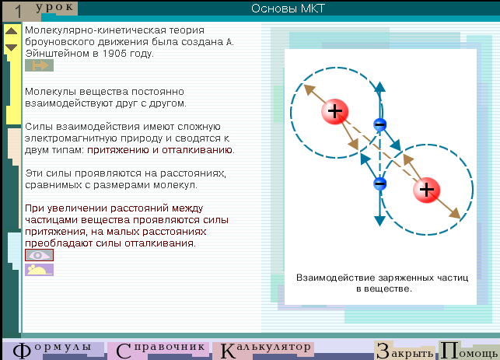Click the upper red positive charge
point(335,111)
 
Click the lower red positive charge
point(426,190)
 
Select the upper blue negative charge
point(379,124)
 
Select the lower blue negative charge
point(379,183)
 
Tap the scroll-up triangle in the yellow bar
point(11,31)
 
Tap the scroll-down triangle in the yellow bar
point(11,47)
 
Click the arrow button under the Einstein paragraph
point(39,65)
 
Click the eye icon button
point(39,255)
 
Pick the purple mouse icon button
point(39,270)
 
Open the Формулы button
point(54,350)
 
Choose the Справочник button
point(159,350)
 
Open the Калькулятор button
point(264,350)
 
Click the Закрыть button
point(405,351)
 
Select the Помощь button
point(469,351)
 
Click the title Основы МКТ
point(288,9)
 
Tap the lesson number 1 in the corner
point(18,12)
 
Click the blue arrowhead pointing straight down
point(379,221)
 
